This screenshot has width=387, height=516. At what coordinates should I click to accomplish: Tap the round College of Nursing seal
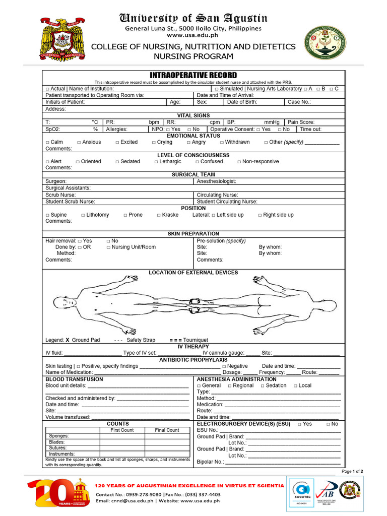[325, 43]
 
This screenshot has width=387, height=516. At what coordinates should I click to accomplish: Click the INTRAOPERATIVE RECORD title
[193, 75]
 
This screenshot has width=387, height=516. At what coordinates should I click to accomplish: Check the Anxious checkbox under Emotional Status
[79, 143]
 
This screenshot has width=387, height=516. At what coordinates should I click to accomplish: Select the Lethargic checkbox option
[156, 162]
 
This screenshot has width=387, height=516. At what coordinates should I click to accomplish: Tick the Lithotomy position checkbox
[83, 215]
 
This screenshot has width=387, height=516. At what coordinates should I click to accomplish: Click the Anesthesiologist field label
[216, 181]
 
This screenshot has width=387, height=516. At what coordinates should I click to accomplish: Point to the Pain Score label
[301, 122]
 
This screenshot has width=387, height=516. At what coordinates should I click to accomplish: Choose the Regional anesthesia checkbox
[230, 385]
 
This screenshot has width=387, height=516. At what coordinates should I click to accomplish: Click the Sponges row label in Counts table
[59, 436]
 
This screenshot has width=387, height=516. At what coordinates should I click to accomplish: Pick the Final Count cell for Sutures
[166, 448]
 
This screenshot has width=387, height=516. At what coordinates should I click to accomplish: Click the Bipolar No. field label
[210, 462]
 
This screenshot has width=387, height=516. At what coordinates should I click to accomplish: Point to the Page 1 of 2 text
[352, 471]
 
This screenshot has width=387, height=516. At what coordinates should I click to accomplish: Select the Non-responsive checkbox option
[239, 162]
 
